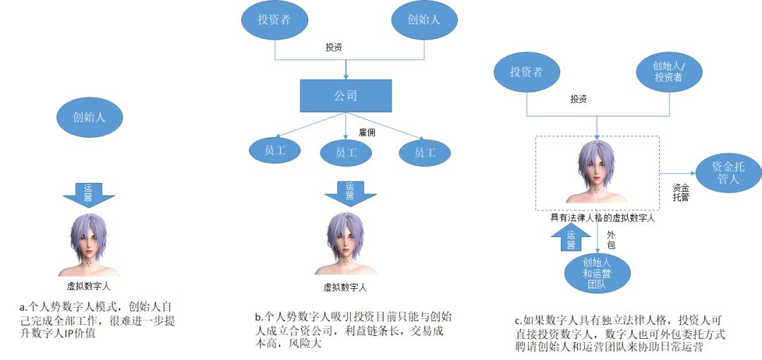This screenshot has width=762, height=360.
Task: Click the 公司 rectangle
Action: click(x=345, y=95)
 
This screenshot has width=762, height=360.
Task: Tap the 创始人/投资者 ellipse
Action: click(x=668, y=71)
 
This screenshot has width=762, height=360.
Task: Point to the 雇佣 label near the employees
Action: click(x=367, y=132)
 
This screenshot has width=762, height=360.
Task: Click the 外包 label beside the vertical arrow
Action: click(x=611, y=239)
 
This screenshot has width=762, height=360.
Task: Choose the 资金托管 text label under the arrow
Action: click(x=680, y=193)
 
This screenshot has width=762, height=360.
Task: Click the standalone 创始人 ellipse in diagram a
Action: click(x=89, y=117)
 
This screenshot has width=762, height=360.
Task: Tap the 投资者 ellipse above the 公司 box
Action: click(x=273, y=20)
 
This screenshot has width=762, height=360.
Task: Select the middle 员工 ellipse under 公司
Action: click(x=346, y=152)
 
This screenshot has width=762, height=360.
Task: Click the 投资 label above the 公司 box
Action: click(x=334, y=48)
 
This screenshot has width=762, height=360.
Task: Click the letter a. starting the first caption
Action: click(x=23, y=307)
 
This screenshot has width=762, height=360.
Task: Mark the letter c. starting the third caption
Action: click(x=518, y=321)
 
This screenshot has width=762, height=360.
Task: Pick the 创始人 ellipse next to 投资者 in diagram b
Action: click(x=424, y=20)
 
